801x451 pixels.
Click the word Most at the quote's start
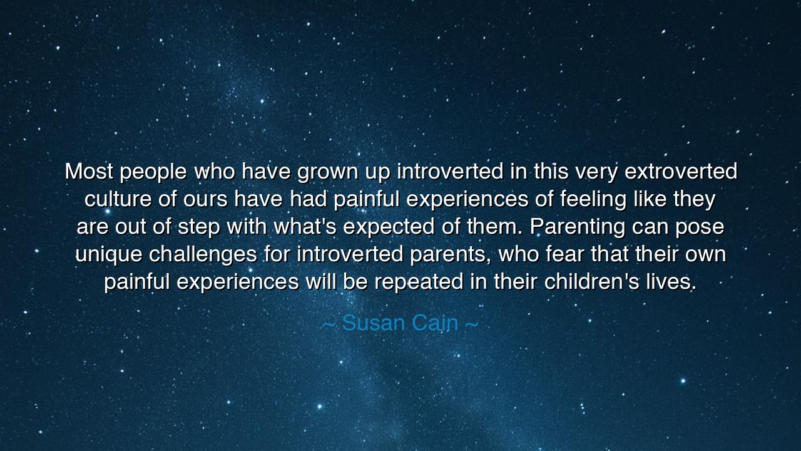click(89, 171)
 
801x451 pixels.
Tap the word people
click(153, 172)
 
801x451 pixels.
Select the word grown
click(327, 172)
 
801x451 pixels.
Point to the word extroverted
click(681, 171)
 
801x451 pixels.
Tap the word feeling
click(593, 200)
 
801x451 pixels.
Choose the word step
click(199, 227)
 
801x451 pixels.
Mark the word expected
click(389, 227)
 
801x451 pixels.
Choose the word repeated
click(419, 283)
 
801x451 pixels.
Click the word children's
click(591, 281)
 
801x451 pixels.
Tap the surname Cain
click(435, 323)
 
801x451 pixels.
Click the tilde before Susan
click(328, 325)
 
